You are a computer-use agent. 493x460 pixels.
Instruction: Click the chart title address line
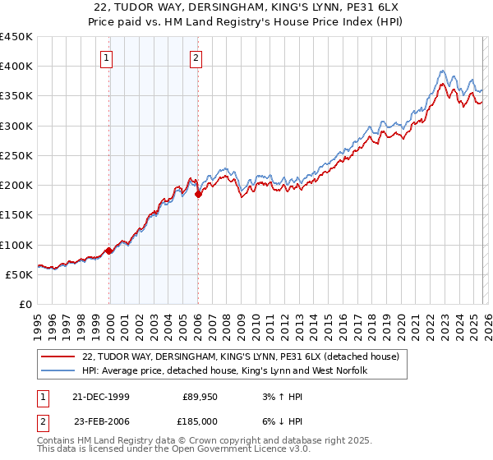coord(246,8)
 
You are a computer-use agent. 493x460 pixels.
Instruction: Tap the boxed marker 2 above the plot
coord(197,57)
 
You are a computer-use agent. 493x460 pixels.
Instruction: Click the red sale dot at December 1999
coord(109,251)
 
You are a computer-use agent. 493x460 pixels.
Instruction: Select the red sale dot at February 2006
coord(198,194)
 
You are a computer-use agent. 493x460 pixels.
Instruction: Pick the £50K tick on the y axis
coord(20,274)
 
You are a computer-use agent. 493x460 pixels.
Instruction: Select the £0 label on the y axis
coord(25,304)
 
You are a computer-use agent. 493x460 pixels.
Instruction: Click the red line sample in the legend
coord(59,356)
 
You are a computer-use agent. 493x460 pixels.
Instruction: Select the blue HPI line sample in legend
coord(59,371)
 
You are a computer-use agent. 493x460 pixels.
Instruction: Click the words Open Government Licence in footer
coord(221,450)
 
